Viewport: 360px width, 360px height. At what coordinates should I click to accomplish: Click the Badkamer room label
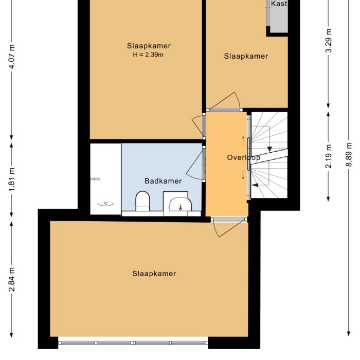[x=163, y=181]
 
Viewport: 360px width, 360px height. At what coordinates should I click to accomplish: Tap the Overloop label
[x=243, y=158]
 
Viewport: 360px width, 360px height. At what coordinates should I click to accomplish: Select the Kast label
[x=279, y=4]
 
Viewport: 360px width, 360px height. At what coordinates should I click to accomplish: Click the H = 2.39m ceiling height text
[x=149, y=55]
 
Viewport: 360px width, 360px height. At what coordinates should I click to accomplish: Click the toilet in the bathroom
[x=142, y=201]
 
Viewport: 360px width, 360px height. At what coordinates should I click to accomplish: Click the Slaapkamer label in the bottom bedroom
[x=154, y=274]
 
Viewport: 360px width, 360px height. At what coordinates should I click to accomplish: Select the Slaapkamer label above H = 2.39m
[x=149, y=46]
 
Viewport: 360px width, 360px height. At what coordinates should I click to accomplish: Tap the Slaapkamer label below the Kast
[x=246, y=56]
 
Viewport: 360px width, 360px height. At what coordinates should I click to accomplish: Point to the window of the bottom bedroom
[x=133, y=342]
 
